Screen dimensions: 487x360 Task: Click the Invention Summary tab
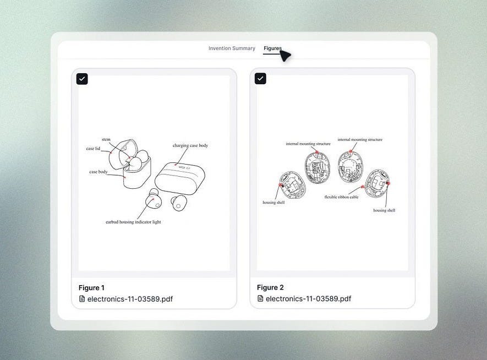click(x=232, y=48)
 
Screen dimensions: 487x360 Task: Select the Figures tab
click(x=272, y=48)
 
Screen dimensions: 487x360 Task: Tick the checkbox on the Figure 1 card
click(x=82, y=79)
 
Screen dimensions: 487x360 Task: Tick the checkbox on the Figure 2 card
click(x=260, y=79)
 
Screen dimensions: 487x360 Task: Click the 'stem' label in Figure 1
click(x=106, y=139)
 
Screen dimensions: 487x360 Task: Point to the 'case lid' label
click(x=93, y=149)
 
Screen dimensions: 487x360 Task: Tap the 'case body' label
click(x=98, y=172)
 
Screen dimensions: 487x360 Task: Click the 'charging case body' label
click(x=190, y=145)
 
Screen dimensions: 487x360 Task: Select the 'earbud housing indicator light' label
click(x=133, y=222)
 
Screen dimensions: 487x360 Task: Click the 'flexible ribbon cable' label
click(x=341, y=197)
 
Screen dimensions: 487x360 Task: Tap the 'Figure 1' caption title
click(x=91, y=288)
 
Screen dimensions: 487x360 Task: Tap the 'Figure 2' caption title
click(x=270, y=287)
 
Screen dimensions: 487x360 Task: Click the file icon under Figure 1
click(x=82, y=299)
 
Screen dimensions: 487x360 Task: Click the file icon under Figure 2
click(x=260, y=298)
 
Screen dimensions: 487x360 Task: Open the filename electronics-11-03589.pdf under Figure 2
click(x=308, y=298)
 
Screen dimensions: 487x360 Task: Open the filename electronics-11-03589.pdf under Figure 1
click(x=130, y=299)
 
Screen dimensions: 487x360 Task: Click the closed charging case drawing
click(x=180, y=178)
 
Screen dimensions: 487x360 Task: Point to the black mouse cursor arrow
click(x=285, y=56)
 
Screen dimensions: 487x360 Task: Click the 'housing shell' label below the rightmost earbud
click(x=384, y=210)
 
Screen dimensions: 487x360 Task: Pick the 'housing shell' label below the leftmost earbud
click(x=273, y=203)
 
